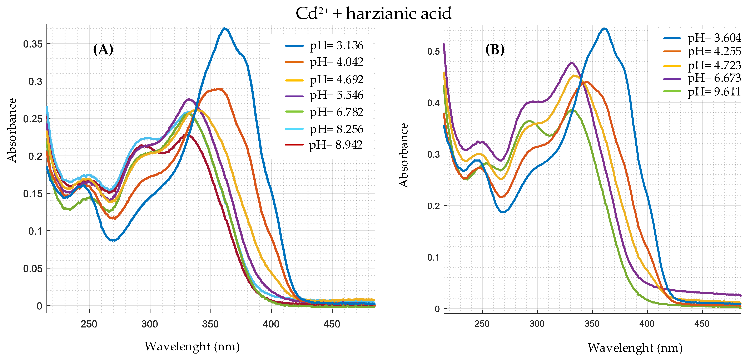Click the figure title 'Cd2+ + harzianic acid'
374,14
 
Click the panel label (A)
103,50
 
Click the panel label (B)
495,50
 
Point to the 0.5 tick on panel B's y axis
433,51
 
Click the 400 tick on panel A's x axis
271,324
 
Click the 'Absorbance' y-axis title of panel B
403,155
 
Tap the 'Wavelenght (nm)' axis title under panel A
192,347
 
